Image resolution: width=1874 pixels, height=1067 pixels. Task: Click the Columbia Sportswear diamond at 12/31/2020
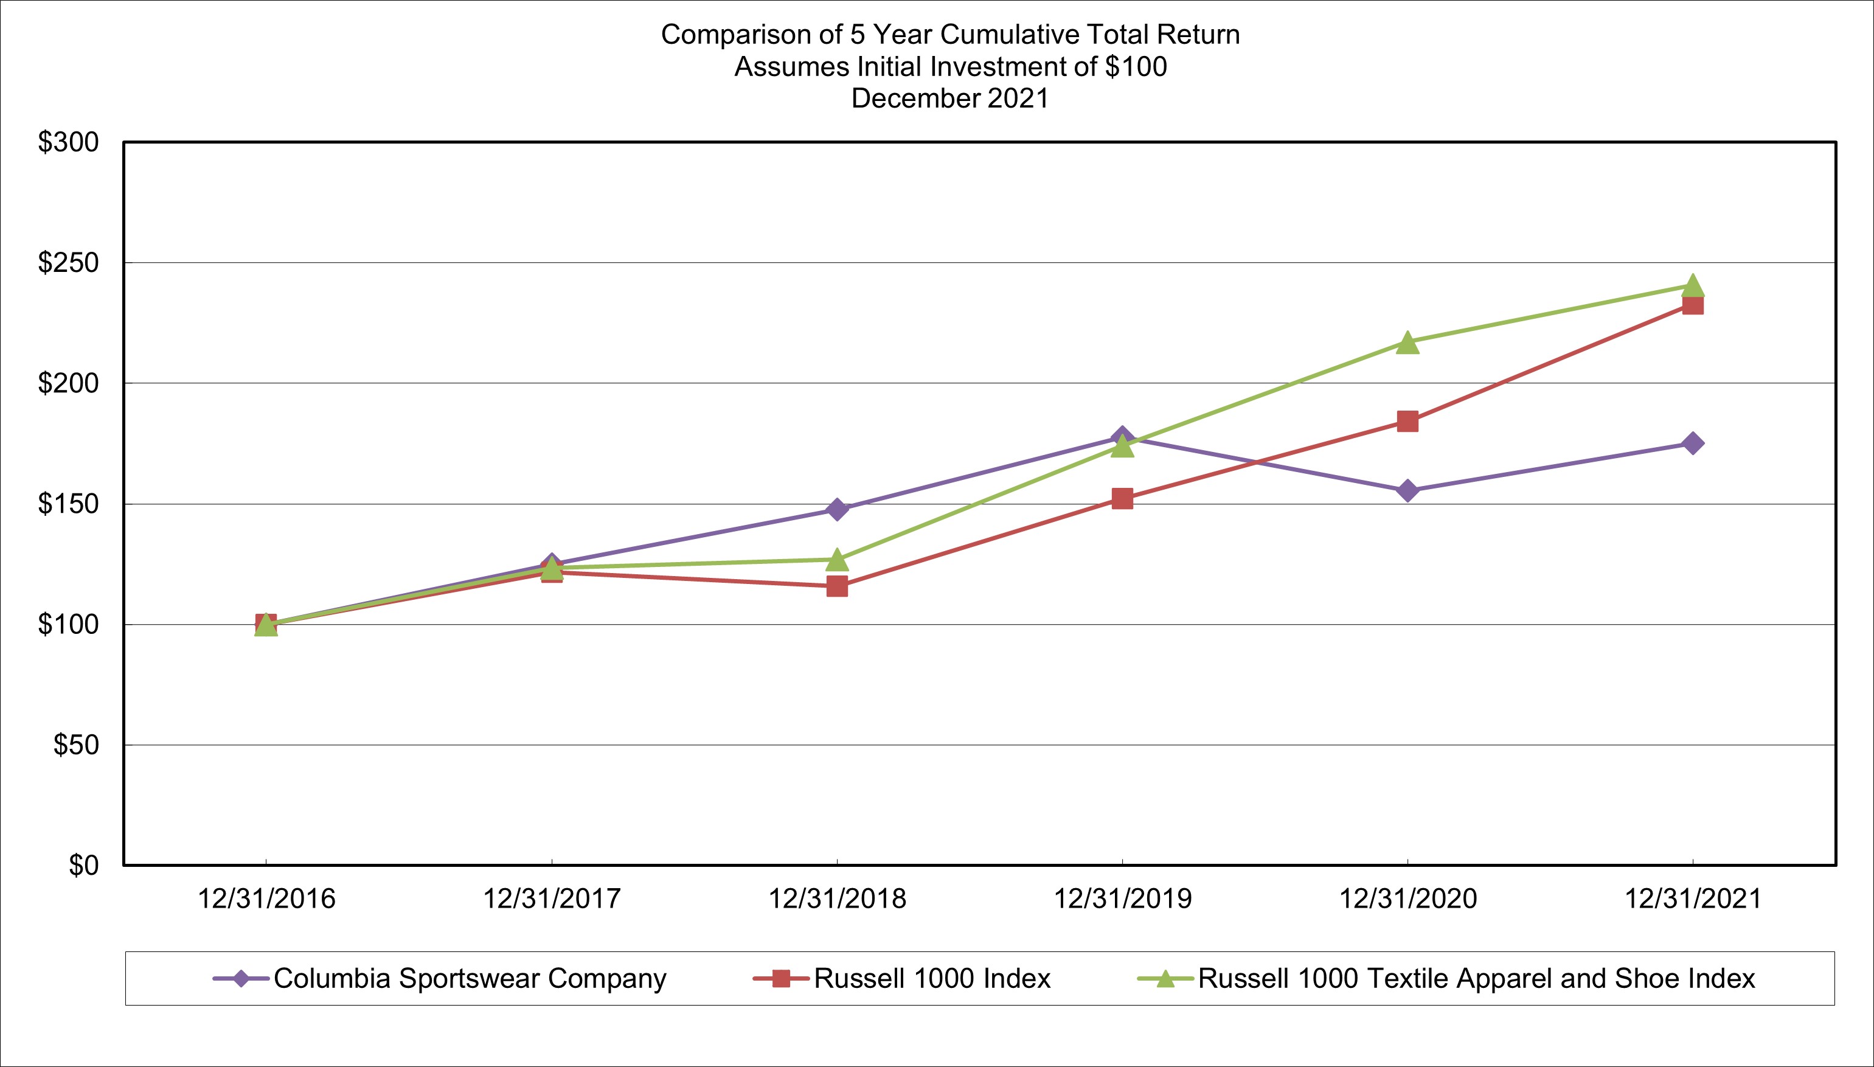click(1407, 490)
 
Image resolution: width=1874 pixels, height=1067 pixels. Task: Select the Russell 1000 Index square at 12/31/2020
click(1407, 422)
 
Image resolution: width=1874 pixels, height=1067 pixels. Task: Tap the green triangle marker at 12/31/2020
click(1407, 343)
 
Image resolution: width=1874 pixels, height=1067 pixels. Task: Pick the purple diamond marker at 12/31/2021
click(1692, 443)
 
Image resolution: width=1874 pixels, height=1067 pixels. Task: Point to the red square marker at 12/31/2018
click(836, 586)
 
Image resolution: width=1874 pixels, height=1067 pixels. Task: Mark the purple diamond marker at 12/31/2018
click(836, 509)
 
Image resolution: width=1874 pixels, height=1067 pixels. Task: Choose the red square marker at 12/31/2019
click(1122, 499)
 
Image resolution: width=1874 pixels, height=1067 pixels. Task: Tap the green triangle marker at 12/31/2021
click(1692, 285)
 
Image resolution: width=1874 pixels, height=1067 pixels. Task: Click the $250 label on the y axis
click(68, 262)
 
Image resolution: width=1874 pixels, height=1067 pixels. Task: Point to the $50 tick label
click(75, 745)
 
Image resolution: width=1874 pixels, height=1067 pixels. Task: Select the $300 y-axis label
click(68, 142)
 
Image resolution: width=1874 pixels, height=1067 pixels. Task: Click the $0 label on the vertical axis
click(83, 866)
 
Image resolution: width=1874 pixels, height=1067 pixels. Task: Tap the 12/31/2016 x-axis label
click(266, 898)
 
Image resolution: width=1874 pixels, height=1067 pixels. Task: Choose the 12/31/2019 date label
click(1122, 898)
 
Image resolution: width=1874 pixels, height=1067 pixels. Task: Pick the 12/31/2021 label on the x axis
click(1692, 898)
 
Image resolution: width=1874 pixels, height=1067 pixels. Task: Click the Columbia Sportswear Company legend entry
click(470, 978)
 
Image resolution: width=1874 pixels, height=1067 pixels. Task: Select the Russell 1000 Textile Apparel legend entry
click(1476, 978)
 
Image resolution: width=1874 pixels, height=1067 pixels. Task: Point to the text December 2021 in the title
click(949, 98)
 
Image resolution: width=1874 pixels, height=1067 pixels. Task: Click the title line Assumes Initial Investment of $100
click(949, 67)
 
